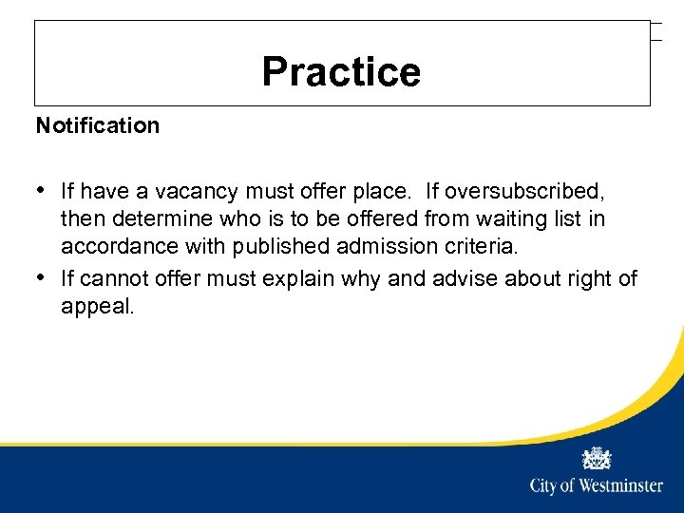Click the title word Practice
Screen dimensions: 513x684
coord(341,71)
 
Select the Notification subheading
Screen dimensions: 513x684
coord(98,125)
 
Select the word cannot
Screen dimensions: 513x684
coord(112,278)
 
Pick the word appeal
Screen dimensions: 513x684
coord(98,307)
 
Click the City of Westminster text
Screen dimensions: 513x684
coord(597,486)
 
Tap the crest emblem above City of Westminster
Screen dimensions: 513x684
coord(597,458)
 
